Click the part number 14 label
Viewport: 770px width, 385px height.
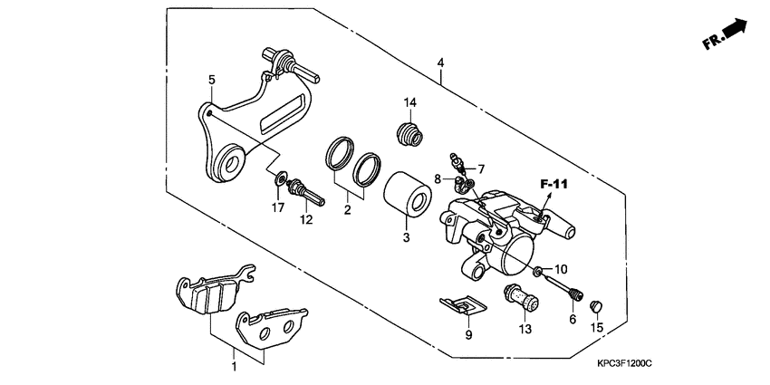pyautogui.click(x=409, y=101)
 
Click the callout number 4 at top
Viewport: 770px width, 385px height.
pyautogui.click(x=439, y=63)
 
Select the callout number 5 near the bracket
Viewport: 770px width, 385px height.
pyautogui.click(x=211, y=80)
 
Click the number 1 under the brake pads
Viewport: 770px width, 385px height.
pyautogui.click(x=234, y=367)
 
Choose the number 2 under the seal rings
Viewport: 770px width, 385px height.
pyautogui.click(x=346, y=210)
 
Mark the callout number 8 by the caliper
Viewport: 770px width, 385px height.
pyautogui.click(x=438, y=179)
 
